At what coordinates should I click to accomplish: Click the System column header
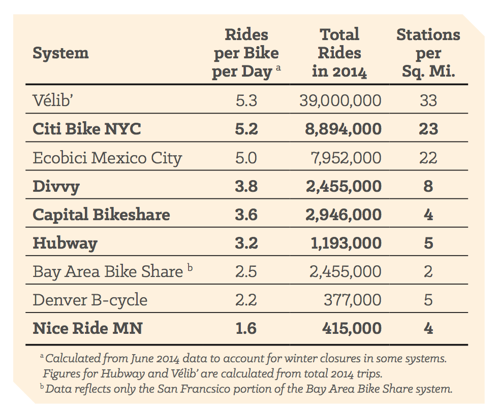coord(60,53)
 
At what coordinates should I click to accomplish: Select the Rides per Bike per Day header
coord(246,53)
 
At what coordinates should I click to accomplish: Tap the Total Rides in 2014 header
coord(339,53)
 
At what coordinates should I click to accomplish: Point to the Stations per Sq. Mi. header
coord(428,53)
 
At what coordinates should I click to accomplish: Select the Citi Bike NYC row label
coord(86,129)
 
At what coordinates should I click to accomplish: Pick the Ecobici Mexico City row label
coord(107,158)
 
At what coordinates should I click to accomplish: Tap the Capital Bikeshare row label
coord(101,215)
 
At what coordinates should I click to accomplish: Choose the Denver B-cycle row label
coord(90,300)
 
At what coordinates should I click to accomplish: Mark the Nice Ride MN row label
coord(87,328)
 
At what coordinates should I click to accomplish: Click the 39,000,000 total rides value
coord(340,100)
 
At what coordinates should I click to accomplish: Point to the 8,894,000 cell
coord(344,129)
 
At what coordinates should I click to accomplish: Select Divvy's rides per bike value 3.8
coord(246,186)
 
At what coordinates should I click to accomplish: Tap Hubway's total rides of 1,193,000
coord(346,243)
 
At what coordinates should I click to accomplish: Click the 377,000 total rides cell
coord(353,300)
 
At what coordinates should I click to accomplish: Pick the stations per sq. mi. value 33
coord(428,100)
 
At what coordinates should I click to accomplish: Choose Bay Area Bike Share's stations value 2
coord(428,271)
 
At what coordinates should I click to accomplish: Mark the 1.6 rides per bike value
coord(246,328)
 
